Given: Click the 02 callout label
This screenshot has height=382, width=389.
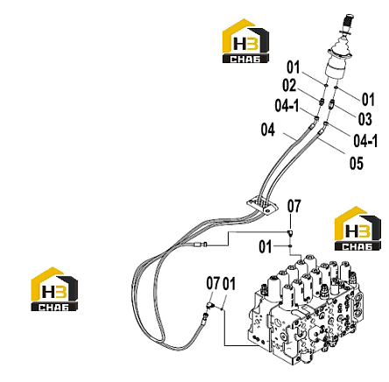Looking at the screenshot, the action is tap(289, 86).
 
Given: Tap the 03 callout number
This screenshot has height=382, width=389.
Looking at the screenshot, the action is tap(365, 119).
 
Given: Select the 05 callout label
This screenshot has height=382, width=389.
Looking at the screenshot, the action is tap(357, 163).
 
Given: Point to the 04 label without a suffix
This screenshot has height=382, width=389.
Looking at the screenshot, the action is tap(268, 130).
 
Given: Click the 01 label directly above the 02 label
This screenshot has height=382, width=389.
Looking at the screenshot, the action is tap(294, 67).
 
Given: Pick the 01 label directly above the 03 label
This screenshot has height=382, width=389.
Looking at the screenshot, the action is tap(368, 99).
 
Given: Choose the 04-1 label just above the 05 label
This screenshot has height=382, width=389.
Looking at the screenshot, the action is tap(365, 141).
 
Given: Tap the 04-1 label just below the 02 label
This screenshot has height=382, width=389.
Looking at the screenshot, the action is tap(287, 105).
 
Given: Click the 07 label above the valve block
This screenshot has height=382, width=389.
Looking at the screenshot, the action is tap(294, 206).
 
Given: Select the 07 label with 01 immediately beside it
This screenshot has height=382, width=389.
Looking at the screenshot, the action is tap(213, 283).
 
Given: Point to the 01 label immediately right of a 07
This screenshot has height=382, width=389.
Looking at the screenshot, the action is tap(229, 283).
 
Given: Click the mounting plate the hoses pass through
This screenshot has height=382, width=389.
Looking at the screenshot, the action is tap(262, 206).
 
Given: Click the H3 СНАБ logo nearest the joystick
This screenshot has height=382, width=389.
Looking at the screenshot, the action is tap(245, 41).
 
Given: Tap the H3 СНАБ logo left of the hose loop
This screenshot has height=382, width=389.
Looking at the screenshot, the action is tap(54, 289).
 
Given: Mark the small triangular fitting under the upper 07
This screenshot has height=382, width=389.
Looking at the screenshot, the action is tap(291, 233).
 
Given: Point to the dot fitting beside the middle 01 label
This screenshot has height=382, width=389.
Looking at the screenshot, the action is tap(290, 246).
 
